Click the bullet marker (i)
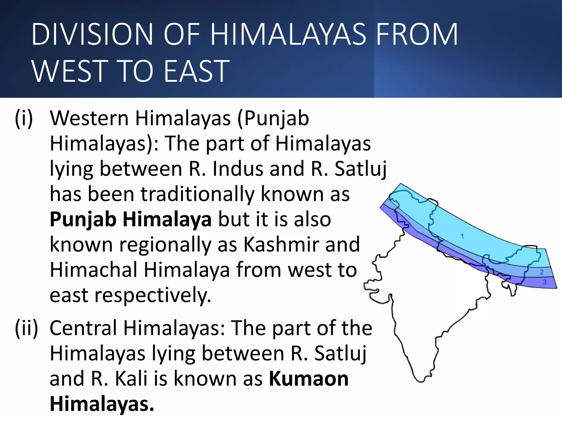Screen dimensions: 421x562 (x=24, y=118)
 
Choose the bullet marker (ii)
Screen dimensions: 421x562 (x=26, y=328)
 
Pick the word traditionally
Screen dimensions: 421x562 (x=198, y=194)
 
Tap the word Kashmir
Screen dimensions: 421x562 (x=281, y=244)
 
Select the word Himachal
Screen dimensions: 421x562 (x=93, y=270)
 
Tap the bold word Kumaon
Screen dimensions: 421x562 (x=309, y=379)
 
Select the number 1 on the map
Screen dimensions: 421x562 (x=462, y=236)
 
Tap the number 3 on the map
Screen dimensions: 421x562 (x=544, y=282)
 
